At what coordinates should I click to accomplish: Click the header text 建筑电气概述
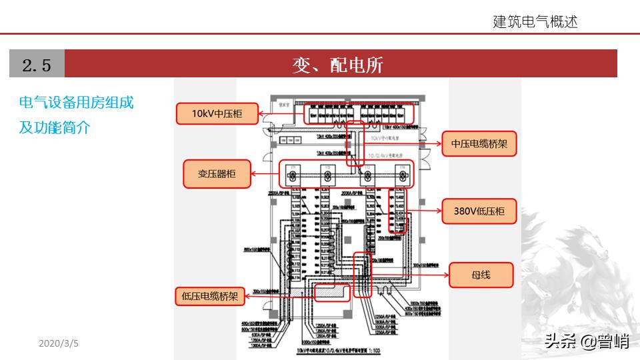click(x=535, y=21)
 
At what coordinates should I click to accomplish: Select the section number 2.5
click(x=37, y=64)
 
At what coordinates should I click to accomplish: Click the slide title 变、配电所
click(x=338, y=64)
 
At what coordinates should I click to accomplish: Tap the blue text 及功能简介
click(x=54, y=127)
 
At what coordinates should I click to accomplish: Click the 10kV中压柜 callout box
click(x=217, y=114)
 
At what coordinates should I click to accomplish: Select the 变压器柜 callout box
click(x=216, y=174)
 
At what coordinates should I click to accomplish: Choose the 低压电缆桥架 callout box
click(x=209, y=295)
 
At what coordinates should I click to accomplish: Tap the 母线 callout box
click(x=481, y=275)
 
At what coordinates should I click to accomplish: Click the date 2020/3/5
click(x=59, y=343)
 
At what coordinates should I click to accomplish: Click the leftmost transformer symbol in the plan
click(x=291, y=176)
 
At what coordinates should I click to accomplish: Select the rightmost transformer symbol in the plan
click(x=400, y=176)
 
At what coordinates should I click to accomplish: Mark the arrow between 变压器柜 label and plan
click(x=266, y=175)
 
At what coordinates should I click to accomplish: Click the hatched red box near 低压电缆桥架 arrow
click(x=331, y=292)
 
